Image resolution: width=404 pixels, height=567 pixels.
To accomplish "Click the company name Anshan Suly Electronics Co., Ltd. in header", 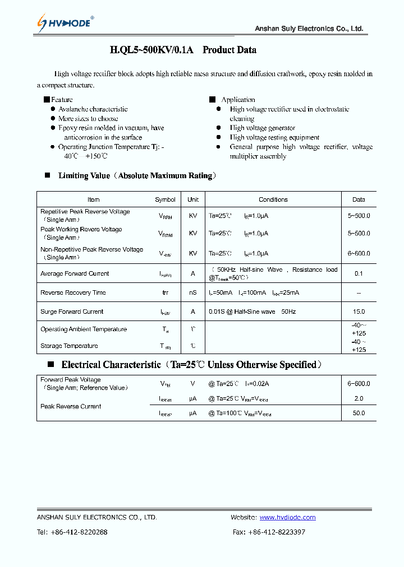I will [309, 29].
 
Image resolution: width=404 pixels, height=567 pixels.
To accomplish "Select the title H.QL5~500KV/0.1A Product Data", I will [183, 50].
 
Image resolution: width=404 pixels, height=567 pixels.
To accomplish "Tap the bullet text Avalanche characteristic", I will [93, 109].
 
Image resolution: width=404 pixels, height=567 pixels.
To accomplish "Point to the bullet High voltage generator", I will [262, 128].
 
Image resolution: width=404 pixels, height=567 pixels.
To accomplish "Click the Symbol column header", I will [165, 199].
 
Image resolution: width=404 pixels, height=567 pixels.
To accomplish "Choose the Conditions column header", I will [273, 199].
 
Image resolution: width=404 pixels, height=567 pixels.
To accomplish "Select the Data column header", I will [359, 199].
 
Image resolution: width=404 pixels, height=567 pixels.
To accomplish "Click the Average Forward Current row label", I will [75, 274].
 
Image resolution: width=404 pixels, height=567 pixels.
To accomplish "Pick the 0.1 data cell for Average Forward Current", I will [359, 274].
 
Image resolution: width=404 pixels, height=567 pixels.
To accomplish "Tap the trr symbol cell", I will [165, 293].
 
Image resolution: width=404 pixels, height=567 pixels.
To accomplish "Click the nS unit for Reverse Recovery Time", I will [193, 293].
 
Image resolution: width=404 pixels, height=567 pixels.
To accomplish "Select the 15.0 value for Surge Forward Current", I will [359, 312].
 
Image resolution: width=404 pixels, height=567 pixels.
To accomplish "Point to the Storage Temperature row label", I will [69, 346].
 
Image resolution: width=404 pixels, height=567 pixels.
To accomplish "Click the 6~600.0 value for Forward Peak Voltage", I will [359, 384].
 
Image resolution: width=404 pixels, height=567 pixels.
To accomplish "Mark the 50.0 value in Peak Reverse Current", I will [359, 413].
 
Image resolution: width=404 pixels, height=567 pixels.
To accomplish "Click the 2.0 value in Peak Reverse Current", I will [359, 398].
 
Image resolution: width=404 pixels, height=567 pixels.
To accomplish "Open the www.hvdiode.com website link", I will [287, 518].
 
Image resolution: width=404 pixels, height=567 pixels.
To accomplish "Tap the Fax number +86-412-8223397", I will [276, 532].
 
